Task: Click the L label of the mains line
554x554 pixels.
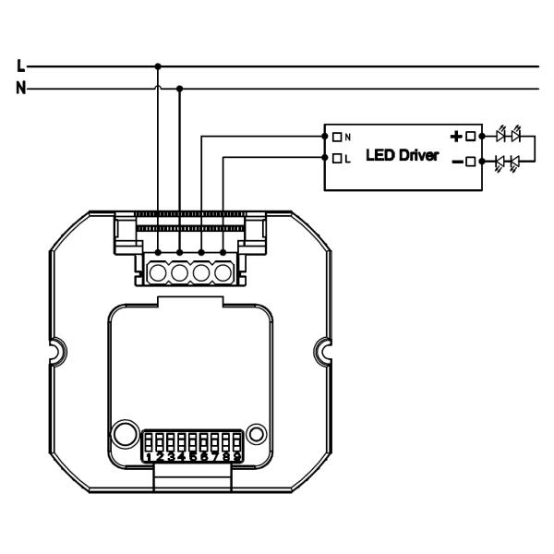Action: coord(21,66)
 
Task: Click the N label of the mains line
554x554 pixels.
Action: coord(21,90)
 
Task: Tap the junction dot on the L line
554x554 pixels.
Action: coord(158,66)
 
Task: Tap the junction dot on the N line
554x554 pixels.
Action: coord(179,90)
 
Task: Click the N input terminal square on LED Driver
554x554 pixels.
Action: coord(337,136)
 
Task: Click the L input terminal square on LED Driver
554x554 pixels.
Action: coord(337,159)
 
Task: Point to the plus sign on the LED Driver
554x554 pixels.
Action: coord(455,136)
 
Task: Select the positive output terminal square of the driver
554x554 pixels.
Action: coord(470,136)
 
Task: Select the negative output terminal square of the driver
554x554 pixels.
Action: coord(470,163)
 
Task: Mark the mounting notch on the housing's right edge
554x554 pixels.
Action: coord(324,350)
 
